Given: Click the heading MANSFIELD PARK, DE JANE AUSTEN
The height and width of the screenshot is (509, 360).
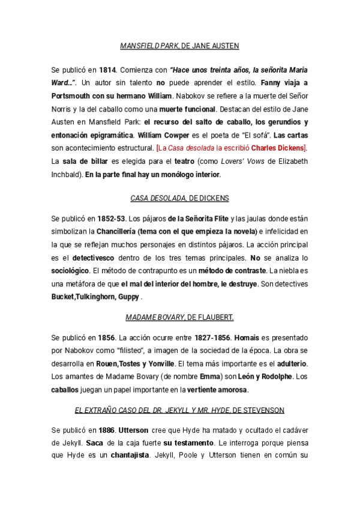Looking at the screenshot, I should pos(180,46).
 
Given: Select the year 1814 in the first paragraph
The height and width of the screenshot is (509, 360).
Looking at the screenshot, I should pos(107,69).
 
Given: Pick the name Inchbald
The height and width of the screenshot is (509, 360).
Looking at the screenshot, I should pos(68,174).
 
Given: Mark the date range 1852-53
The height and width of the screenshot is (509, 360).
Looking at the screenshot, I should pos(113,218).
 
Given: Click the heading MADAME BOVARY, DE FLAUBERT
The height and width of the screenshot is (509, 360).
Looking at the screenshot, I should pos(180,316).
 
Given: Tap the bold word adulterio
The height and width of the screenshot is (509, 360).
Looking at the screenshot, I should pos(291,364).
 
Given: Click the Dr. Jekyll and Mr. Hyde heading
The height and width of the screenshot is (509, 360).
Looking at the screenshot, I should pos(180,410).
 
